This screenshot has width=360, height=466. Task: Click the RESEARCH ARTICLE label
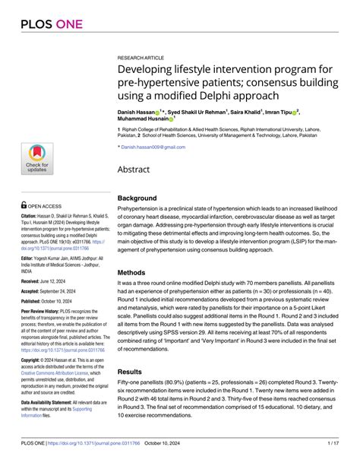point(144,57)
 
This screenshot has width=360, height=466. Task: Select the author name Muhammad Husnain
point(143,119)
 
